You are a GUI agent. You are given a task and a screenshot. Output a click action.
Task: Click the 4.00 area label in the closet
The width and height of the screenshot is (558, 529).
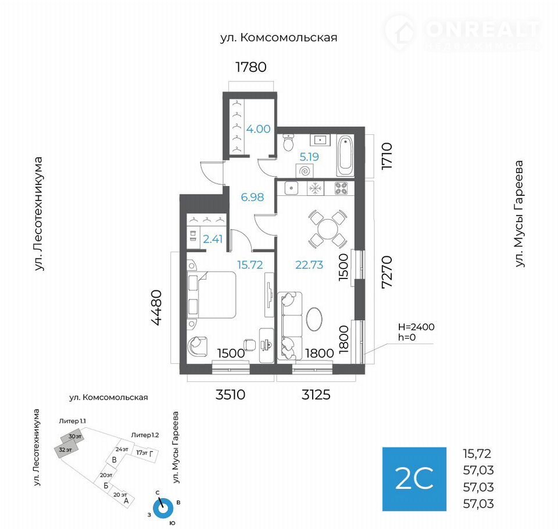(258, 129)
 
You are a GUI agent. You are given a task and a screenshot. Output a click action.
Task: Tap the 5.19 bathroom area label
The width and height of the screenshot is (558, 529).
(309, 156)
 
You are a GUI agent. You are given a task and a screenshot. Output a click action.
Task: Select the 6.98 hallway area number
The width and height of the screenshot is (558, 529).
(252, 197)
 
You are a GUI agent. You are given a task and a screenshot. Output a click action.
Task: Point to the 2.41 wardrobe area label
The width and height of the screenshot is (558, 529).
(213, 239)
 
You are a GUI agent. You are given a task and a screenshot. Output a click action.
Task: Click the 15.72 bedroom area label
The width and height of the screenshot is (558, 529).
(250, 265)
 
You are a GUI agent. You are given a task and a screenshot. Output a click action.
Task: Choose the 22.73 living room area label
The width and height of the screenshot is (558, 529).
(309, 265)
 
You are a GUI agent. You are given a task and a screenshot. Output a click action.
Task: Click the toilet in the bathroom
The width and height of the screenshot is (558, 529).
(288, 142)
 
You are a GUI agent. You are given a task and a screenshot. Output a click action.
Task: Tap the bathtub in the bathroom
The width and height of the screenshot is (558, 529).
(345, 156)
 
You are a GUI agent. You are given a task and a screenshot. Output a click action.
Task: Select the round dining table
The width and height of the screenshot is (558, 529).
(328, 229)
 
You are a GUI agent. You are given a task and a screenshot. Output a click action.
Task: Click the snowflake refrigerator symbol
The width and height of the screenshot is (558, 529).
(315, 188)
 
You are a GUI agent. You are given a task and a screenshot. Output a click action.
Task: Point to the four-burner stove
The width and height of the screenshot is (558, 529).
(341, 188)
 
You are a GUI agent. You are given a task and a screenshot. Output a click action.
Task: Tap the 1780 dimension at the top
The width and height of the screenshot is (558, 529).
(251, 67)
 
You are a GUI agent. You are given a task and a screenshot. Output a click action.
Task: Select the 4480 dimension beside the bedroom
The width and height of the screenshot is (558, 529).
(156, 308)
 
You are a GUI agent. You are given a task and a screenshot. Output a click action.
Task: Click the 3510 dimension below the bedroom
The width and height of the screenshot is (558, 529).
(230, 395)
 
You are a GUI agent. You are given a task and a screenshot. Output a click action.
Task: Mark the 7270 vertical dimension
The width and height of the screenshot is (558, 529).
(387, 272)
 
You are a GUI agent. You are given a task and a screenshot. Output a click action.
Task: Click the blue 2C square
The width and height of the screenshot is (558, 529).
(414, 479)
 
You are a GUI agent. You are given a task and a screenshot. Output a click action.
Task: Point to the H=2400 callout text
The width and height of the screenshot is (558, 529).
(416, 327)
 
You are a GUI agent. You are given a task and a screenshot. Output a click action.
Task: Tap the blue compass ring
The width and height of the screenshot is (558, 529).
(163, 509)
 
